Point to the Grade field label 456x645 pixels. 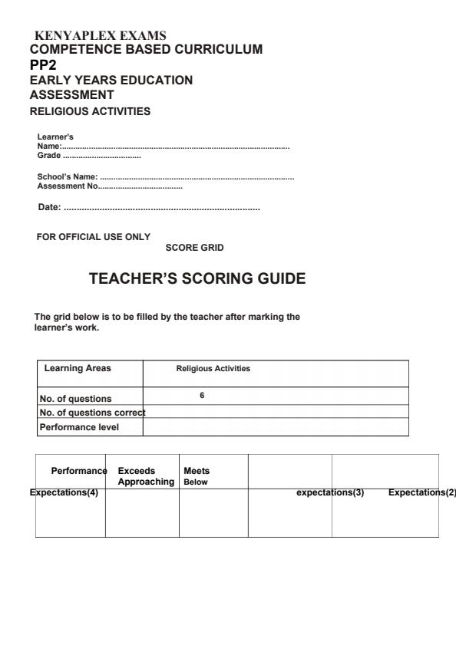48,156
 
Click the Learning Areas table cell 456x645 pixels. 78,368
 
